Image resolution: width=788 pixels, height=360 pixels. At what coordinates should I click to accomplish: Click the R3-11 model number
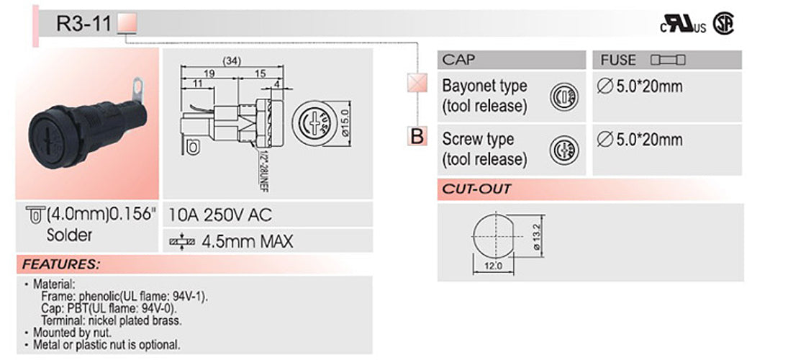85,24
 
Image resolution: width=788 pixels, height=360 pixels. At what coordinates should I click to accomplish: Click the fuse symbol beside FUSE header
669,60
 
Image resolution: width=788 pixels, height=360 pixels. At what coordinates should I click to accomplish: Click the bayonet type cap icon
563,96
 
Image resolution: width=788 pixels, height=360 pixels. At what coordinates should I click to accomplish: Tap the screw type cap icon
563,150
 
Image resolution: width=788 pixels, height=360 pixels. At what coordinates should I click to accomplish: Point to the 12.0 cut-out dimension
492,266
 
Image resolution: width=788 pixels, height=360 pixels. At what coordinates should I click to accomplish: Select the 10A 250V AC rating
219,215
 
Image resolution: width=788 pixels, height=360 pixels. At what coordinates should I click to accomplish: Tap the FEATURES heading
60,264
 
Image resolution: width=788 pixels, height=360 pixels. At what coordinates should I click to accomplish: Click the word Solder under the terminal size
69,235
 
